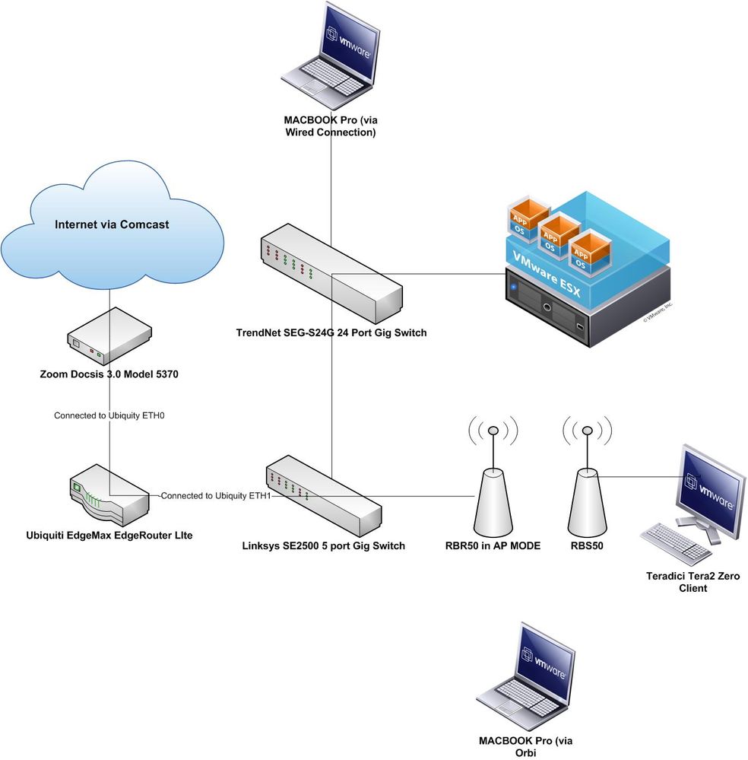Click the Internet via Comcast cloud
click(x=113, y=225)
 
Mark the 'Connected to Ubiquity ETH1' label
click(x=216, y=496)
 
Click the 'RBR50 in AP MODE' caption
click(x=493, y=545)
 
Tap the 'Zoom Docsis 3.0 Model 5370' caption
click(x=109, y=374)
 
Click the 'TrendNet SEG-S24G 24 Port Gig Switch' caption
click(x=330, y=332)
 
